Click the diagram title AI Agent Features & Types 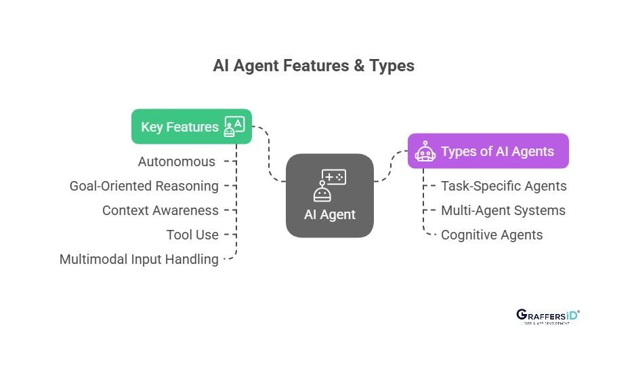click(x=314, y=66)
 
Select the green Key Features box click(x=191, y=127)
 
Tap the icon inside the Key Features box click(x=234, y=127)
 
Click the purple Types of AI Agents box click(x=488, y=151)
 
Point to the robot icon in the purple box click(x=425, y=152)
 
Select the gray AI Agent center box click(x=330, y=195)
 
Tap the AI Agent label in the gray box click(x=330, y=215)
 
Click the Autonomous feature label click(x=176, y=161)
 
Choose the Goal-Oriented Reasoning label click(x=144, y=186)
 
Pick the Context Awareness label click(x=161, y=210)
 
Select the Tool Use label click(x=192, y=235)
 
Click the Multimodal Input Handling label click(x=139, y=259)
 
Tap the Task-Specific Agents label click(x=503, y=186)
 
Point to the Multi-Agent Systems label click(x=503, y=210)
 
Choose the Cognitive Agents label click(x=492, y=235)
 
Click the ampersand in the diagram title click(x=358, y=66)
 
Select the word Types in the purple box click(x=457, y=151)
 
